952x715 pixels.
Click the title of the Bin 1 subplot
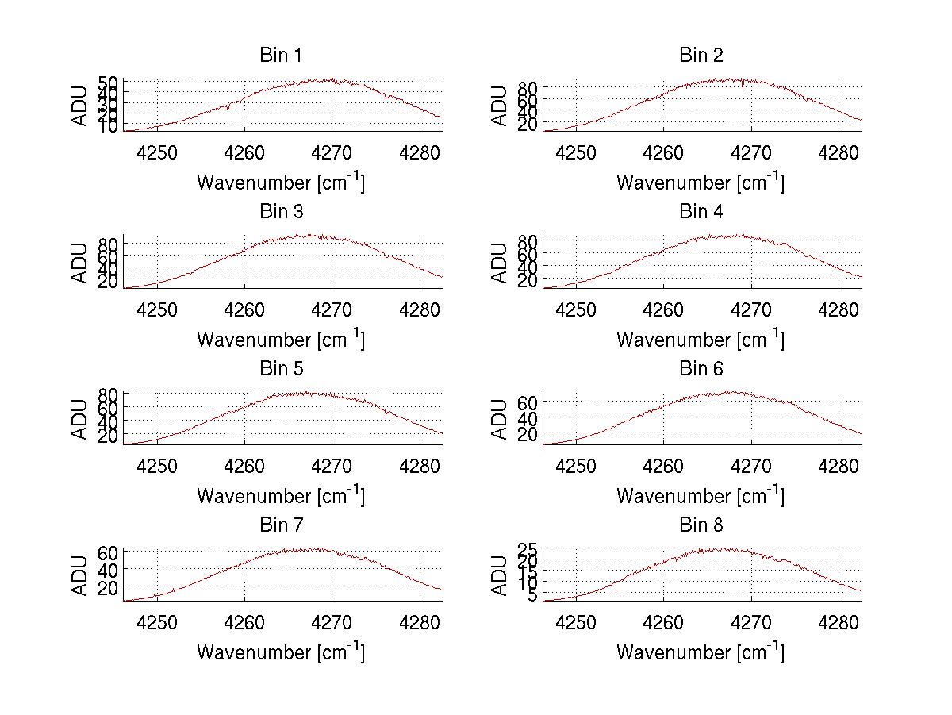280,56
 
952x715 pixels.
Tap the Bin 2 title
701,56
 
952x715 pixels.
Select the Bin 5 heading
280,369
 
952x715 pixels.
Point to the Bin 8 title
701,525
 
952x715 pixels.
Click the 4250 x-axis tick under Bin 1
157,152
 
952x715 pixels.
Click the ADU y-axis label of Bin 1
80,106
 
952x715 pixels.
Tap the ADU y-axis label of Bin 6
500,419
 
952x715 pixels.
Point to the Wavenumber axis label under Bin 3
280,339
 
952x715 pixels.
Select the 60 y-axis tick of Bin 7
109,552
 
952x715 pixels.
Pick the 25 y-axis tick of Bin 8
528,549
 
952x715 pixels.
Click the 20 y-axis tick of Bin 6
528,434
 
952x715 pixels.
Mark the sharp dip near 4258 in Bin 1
228,108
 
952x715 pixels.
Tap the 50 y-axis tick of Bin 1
109,83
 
